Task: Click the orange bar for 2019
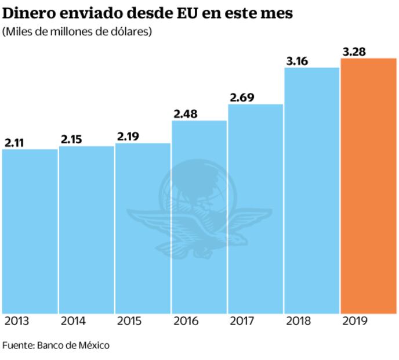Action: [x=368, y=186]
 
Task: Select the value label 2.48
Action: [x=185, y=114]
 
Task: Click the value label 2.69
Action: [x=242, y=98]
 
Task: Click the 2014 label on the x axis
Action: [x=74, y=322]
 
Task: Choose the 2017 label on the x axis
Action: [x=242, y=322]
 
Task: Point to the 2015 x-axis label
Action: [x=129, y=322]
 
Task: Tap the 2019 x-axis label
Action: [x=355, y=322]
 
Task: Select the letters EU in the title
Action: [x=187, y=13]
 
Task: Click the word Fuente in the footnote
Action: [x=17, y=345]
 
